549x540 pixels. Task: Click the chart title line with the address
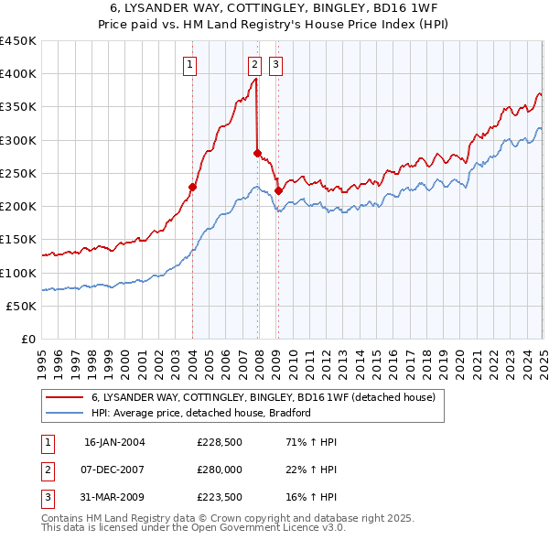click(274, 9)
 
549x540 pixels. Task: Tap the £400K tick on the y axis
click(18, 74)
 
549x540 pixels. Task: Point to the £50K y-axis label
click(22, 307)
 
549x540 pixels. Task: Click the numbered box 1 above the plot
click(189, 64)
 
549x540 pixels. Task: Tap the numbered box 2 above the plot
click(253, 64)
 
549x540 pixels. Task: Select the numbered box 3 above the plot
click(274, 64)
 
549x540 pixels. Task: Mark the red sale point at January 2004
click(192, 188)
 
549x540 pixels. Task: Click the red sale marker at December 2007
click(257, 153)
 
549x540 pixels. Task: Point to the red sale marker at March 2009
click(278, 190)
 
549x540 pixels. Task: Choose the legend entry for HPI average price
click(201, 413)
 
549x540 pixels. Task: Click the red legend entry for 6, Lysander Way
click(264, 396)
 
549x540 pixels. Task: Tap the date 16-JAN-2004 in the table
click(114, 442)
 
